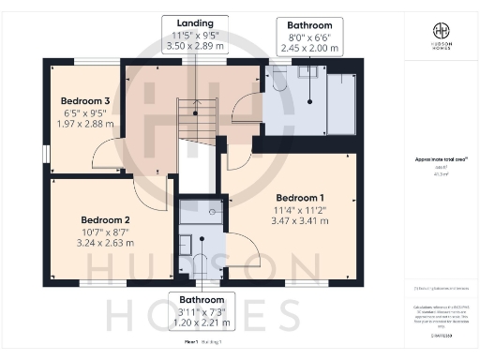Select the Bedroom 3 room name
tap(85, 100)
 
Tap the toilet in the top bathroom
tap(278, 81)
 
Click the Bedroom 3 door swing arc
tap(111, 155)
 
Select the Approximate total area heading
tap(433, 161)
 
